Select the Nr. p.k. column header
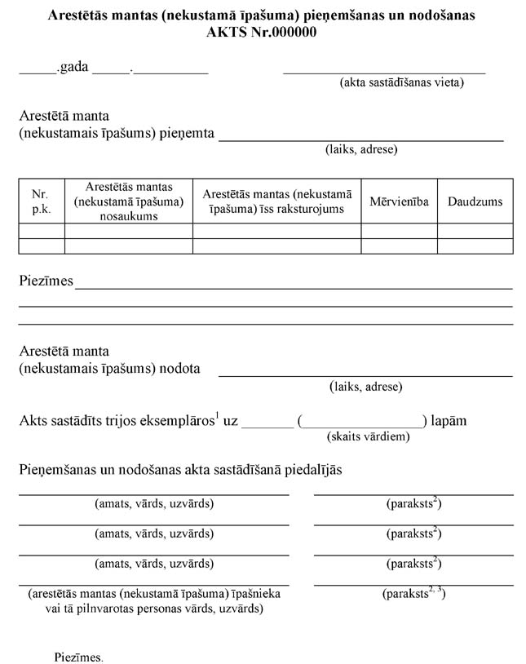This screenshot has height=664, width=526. coord(41,201)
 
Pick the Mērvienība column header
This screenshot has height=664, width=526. coord(399,201)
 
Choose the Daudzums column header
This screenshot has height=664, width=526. coord(475,201)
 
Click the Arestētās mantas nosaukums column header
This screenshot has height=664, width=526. coord(128,201)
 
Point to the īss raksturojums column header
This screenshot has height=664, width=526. coord(276,201)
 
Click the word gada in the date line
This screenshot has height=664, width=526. coord(74,69)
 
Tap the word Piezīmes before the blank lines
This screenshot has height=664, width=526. coord(46,281)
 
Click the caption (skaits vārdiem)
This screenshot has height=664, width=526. coord(368,436)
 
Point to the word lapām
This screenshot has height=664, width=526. coord(449,421)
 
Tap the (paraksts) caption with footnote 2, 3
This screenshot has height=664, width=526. coord(413,594)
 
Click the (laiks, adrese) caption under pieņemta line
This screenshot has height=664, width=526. coord(361,149)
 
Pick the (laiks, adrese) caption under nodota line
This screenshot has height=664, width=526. coord(366,387)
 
